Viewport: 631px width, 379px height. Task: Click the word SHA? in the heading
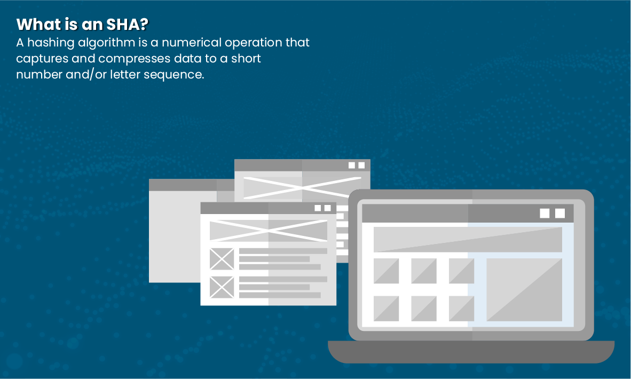tap(128, 25)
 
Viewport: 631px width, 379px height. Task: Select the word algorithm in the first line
tap(107, 43)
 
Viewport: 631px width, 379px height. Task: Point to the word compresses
tap(134, 59)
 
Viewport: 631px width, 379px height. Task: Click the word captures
tap(42, 59)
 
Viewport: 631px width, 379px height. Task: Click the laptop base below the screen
tap(471, 352)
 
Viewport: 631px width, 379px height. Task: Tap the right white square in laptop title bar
tap(560, 213)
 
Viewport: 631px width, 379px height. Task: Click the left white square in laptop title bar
tap(545, 213)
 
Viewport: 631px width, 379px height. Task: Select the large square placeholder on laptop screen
tap(524, 290)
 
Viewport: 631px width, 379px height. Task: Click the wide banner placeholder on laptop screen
tap(468, 239)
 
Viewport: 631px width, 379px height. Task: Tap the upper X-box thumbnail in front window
tap(222, 259)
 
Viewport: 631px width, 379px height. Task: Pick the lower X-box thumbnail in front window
tap(222, 287)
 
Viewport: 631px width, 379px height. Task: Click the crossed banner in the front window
tap(269, 231)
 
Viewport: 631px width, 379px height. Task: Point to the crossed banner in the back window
tap(302, 187)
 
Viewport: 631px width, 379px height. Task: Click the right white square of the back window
tap(361, 165)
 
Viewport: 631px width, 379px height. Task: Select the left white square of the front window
tap(318, 208)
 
